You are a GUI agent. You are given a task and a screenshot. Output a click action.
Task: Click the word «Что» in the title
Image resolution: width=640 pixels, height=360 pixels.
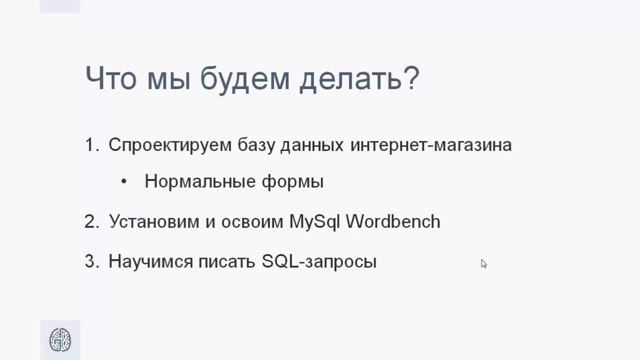[111, 77]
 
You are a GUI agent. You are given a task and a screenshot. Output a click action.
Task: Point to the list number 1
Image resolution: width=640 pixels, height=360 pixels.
[92, 144]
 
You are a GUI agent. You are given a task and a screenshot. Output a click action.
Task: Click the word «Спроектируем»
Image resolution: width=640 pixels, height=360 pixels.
[170, 145]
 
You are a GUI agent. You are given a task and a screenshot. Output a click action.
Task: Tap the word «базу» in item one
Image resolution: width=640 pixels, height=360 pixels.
[256, 145]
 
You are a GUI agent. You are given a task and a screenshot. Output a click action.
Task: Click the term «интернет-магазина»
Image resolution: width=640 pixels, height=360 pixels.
[431, 145]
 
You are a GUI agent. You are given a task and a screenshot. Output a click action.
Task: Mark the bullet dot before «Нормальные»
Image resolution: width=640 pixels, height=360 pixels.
[123, 181]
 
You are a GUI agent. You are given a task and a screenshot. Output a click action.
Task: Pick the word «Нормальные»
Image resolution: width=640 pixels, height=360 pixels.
[200, 181]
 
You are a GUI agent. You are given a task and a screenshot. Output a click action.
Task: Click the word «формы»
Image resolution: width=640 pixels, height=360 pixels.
[293, 181]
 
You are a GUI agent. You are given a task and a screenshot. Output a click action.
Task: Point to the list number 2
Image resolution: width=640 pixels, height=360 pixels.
[92, 221]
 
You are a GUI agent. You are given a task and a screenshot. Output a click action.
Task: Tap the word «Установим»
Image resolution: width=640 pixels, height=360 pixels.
[154, 221]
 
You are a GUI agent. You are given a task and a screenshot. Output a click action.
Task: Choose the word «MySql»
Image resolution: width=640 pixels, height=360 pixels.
[314, 222]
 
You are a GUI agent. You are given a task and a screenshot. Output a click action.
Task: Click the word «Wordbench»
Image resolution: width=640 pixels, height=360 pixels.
[393, 221]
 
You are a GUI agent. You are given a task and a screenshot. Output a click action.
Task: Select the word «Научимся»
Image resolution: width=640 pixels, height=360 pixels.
[151, 261]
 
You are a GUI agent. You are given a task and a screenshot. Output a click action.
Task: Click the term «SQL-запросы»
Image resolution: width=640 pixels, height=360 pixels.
[319, 261]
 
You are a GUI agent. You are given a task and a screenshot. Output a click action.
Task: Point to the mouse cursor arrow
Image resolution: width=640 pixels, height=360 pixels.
[483, 263]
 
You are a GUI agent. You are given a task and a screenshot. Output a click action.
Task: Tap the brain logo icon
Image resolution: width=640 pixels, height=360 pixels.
[60, 339]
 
